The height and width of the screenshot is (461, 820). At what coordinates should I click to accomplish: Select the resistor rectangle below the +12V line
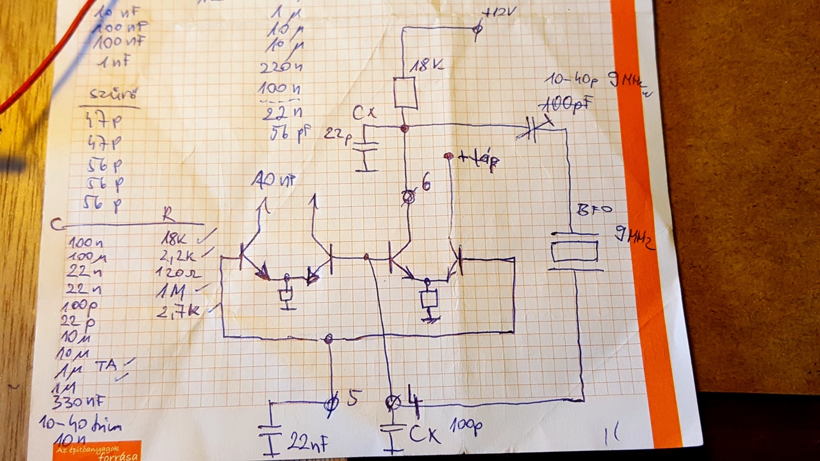pyautogui.click(x=405, y=93)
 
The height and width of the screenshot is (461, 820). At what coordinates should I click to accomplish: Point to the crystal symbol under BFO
pyautogui.click(x=575, y=251)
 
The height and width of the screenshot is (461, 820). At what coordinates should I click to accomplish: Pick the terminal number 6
pyautogui.click(x=425, y=184)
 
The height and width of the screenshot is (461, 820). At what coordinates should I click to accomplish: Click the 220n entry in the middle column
pyautogui.click(x=276, y=67)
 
